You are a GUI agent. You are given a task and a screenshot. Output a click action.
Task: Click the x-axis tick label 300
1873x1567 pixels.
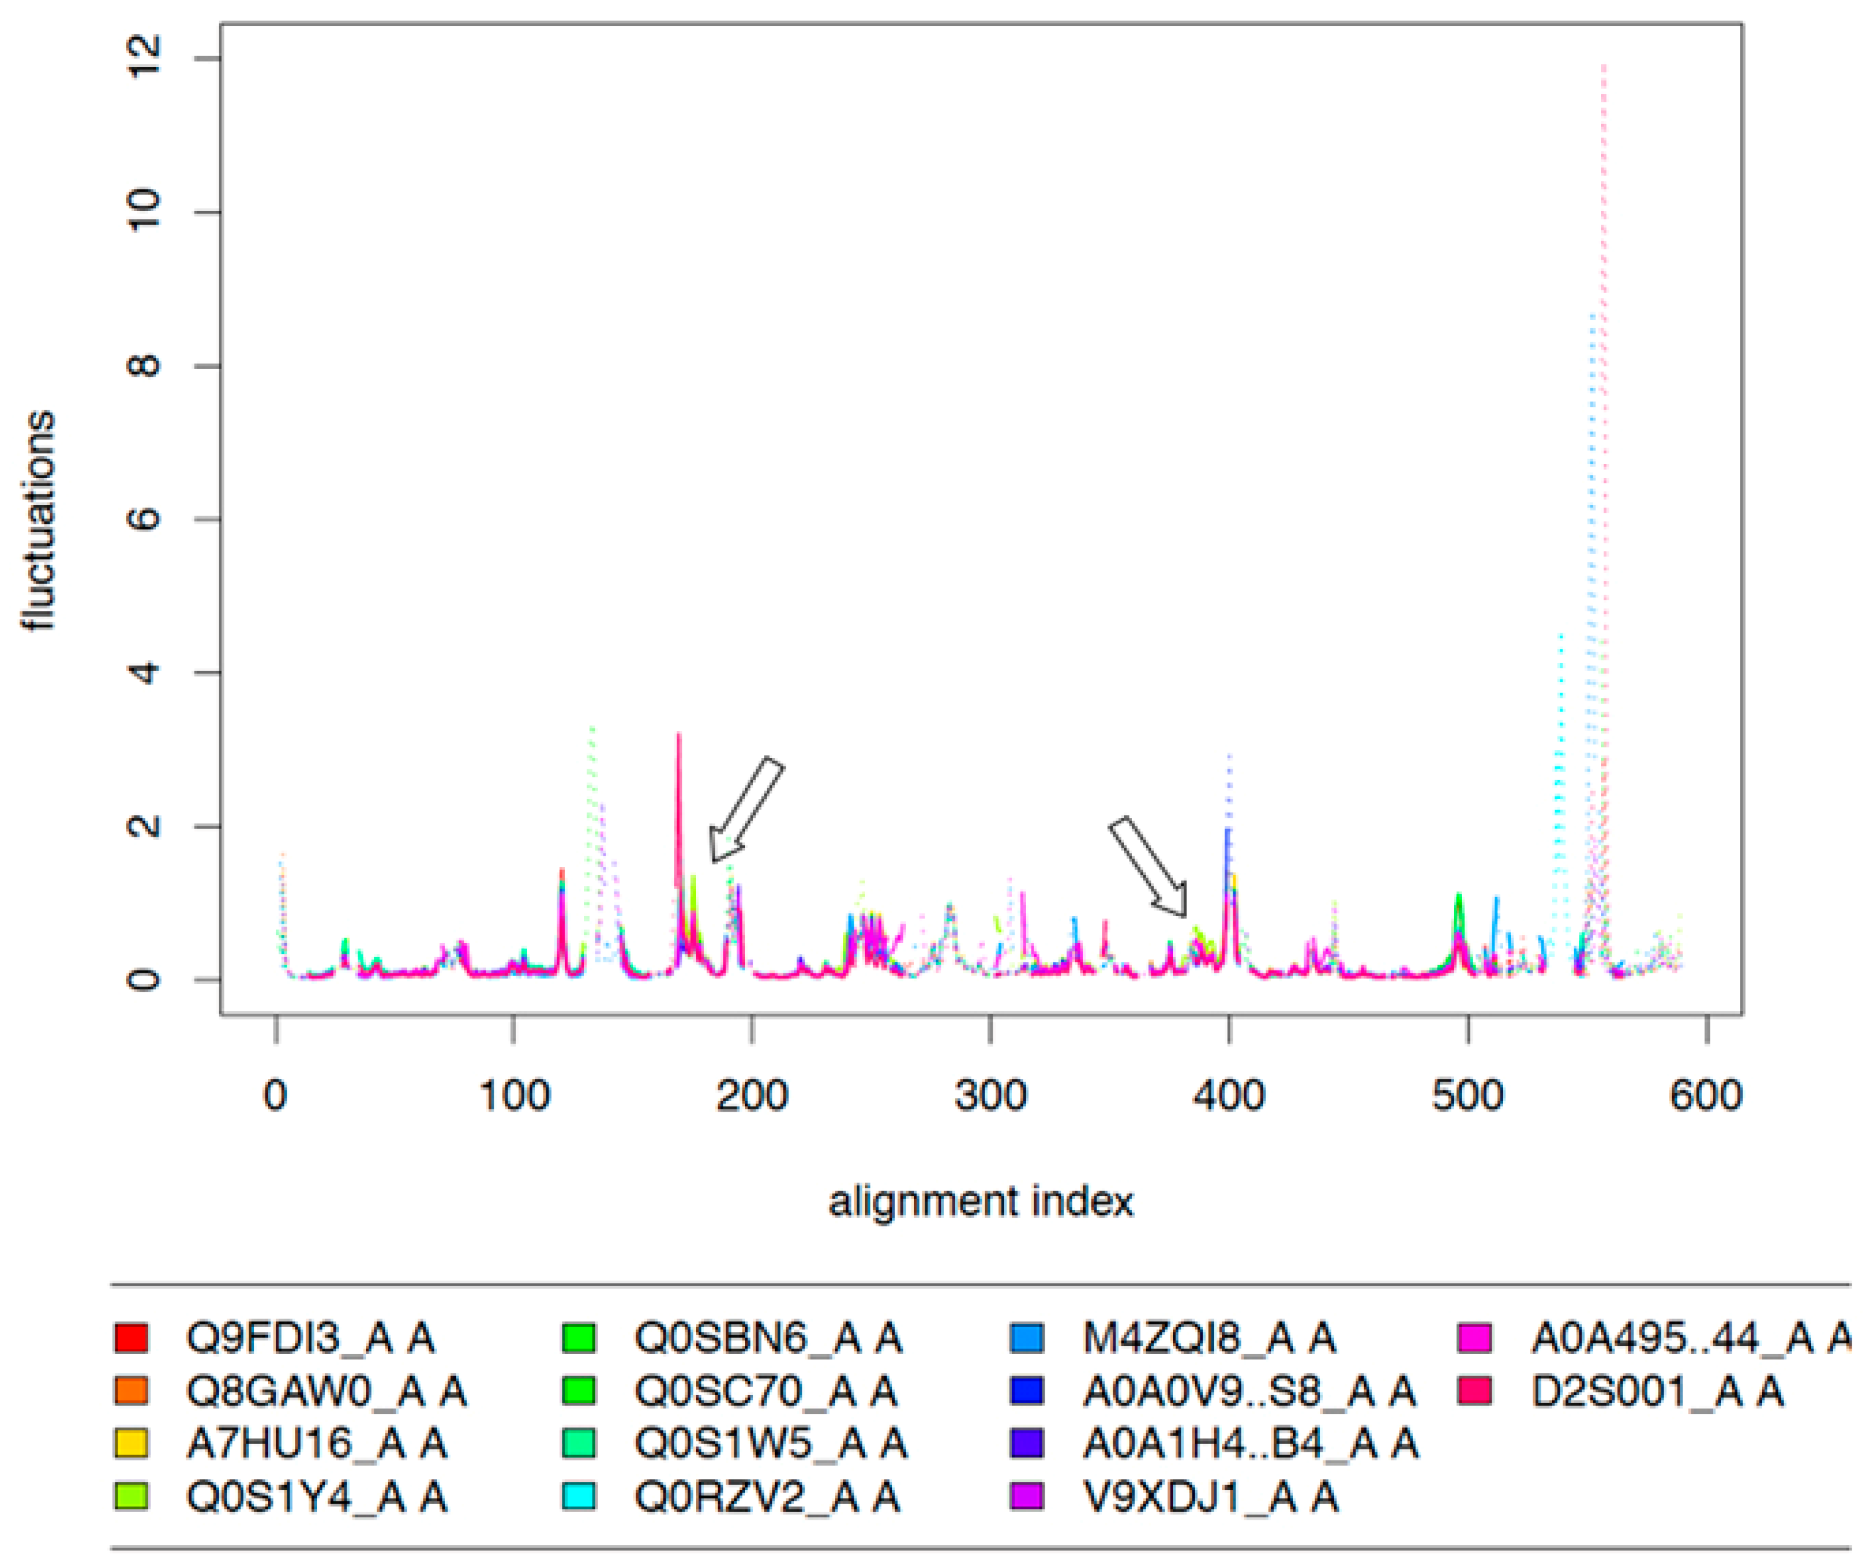[990, 1095]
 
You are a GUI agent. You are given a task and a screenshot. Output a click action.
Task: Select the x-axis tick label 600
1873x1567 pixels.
[1705, 1095]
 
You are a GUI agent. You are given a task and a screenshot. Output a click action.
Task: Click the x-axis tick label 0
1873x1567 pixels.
[276, 1095]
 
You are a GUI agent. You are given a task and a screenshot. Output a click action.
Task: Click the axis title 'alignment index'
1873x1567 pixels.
[981, 1202]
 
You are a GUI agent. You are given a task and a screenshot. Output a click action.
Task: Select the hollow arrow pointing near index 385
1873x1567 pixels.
[1149, 867]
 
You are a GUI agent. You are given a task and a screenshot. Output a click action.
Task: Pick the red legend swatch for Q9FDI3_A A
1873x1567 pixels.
[131, 1338]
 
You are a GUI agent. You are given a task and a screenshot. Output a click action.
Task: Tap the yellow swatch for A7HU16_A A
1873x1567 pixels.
[131, 1443]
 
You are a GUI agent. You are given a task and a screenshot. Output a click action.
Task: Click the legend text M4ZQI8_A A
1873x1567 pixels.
[1208, 1338]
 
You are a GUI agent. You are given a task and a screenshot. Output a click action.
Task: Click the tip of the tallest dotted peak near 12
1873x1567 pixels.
[1603, 64]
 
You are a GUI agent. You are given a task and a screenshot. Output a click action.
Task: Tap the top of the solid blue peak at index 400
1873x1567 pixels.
[1227, 830]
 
